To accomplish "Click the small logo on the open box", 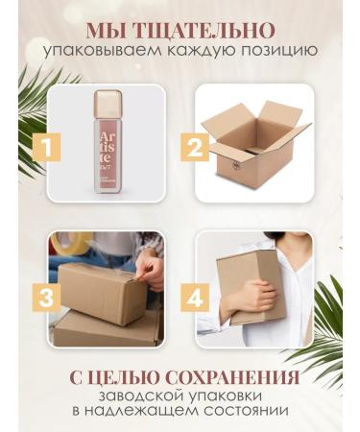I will pos(236,164).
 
